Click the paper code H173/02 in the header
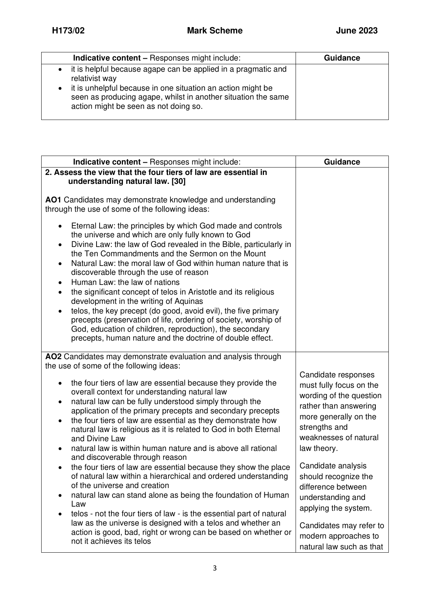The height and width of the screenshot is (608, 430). coord(68,31)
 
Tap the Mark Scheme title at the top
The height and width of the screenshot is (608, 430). coord(215,31)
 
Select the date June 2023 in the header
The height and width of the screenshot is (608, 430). coord(356,31)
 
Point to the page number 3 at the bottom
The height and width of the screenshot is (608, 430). coord(215,568)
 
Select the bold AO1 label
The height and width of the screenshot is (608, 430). coord(53,200)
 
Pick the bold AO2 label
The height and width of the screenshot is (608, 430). coord(53,357)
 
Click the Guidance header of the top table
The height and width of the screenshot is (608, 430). coord(342,58)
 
